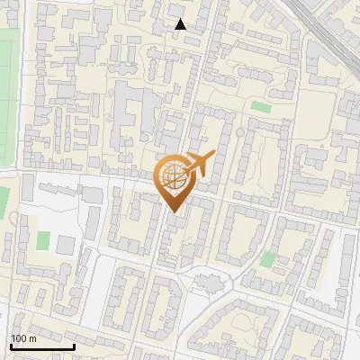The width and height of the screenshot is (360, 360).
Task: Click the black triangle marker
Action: pyautogui.click(x=181, y=24)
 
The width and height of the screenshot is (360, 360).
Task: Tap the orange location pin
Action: pyautogui.click(x=175, y=180)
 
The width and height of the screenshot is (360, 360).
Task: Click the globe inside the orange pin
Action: pyautogui.click(x=174, y=176)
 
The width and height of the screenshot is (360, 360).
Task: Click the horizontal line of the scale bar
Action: pyautogui.click(x=42, y=346)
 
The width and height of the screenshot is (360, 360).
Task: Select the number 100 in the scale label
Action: pyautogui.click(x=19, y=338)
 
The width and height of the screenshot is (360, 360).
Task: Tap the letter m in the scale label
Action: pyautogui.click(x=31, y=338)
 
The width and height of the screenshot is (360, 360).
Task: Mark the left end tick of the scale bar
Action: pyautogui.click(x=10, y=345)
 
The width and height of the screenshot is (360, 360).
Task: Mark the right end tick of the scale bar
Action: pyautogui.click(x=75, y=345)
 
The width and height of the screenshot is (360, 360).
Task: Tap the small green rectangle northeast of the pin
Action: pyautogui.click(x=261, y=107)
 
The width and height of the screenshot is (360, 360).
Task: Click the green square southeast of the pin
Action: pyautogui.click(x=267, y=260)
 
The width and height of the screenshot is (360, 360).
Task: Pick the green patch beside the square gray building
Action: pyautogui.click(x=43, y=242)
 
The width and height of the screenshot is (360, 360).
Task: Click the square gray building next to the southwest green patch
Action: pyautogui.click(x=66, y=244)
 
